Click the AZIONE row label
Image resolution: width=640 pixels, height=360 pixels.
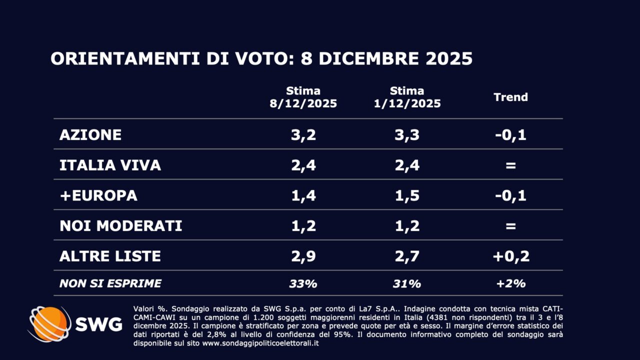click(90, 134)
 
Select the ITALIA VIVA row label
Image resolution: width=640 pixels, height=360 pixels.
click(110, 165)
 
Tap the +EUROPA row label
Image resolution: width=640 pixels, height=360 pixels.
click(98, 195)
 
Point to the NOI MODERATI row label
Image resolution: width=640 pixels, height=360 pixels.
click(120, 225)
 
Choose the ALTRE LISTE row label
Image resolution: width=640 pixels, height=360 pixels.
click(110, 256)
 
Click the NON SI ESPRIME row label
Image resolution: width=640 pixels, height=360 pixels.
click(110, 283)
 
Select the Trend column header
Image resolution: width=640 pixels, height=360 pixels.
click(510, 97)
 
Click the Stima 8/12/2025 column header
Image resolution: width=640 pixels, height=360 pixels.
click(303, 97)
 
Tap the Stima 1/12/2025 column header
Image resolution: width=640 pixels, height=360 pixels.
click(407, 97)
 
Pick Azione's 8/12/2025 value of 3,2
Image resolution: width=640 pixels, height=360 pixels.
click(303, 134)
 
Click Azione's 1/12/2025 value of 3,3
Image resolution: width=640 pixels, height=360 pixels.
click(407, 134)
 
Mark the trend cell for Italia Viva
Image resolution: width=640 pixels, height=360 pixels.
click(510, 165)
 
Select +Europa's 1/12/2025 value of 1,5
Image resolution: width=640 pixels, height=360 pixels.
click(407, 195)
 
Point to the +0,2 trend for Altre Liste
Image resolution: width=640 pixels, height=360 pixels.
click(510, 256)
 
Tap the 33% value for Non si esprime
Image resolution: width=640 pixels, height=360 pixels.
click(303, 283)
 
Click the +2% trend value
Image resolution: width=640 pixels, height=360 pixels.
click(510, 283)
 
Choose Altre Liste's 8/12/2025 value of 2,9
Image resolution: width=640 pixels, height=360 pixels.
click(303, 256)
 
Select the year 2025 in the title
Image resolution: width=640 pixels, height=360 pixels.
click(449, 58)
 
